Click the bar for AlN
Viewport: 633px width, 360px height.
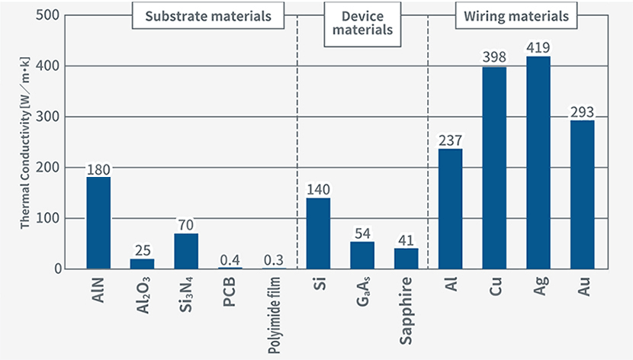click(98, 223)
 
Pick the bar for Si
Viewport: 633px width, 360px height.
click(318, 233)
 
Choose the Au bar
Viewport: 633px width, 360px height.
click(582, 194)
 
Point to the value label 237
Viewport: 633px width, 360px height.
click(450, 140)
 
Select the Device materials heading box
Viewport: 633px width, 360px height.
click(362, 23)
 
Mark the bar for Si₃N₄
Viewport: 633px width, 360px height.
click(186, 251)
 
